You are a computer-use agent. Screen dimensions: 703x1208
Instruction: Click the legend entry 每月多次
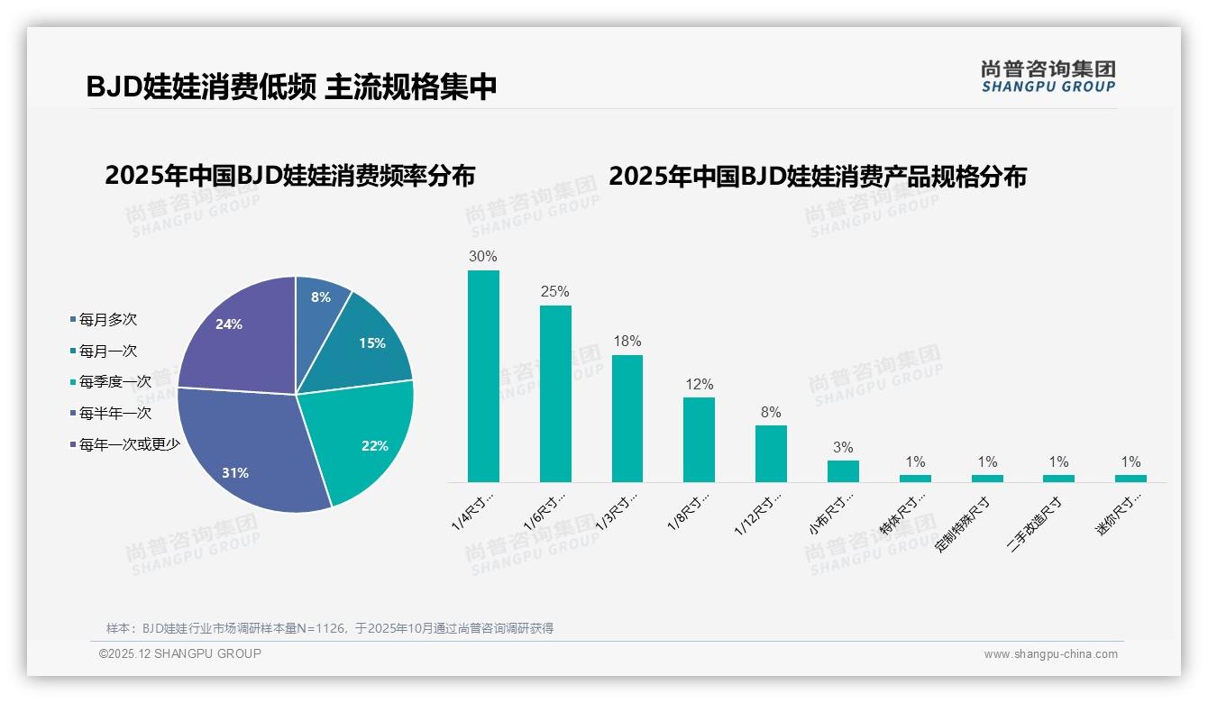tap(106, 320)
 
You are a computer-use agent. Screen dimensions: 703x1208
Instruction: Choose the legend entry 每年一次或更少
tap(128, 444)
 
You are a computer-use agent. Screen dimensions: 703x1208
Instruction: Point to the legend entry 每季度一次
tap(114, 382)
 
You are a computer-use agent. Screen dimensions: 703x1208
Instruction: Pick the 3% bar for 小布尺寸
tap(843, 471)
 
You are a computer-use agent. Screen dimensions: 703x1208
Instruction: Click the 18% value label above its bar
tap(627, 342)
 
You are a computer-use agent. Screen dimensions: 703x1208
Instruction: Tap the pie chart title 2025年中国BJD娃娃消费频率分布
tap(289, 176)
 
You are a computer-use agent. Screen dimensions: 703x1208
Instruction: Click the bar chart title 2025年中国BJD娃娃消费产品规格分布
tap(817, 176)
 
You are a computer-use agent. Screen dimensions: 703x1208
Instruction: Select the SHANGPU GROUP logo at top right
tap(1048, 77)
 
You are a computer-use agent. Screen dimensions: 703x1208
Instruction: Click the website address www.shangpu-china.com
tap(1050, 654)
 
